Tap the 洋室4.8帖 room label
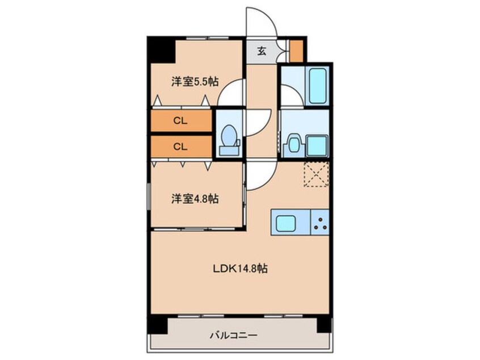195,199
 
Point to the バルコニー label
234,335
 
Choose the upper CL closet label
180,120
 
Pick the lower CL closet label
180,146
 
